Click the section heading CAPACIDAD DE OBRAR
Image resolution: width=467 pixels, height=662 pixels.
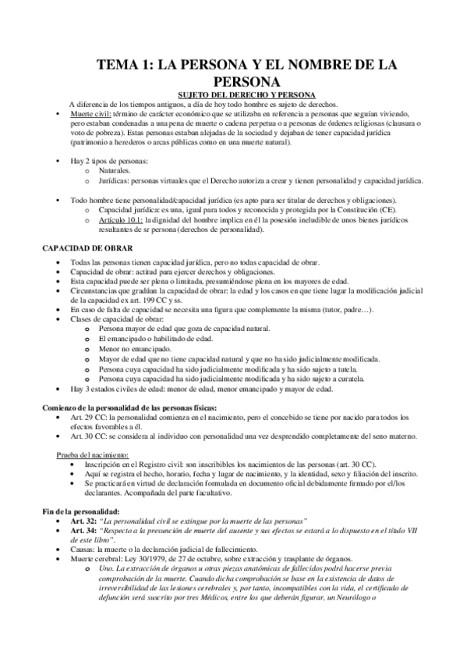coord(80,248)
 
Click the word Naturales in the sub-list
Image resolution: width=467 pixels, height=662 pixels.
coord(115,169)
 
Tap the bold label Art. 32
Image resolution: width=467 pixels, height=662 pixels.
coord(83,520)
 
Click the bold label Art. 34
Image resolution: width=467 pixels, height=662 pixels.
coord(83,530)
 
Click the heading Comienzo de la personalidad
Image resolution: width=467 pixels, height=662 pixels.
coord(129,408)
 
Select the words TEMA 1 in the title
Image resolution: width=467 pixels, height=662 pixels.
coord(122,67)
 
